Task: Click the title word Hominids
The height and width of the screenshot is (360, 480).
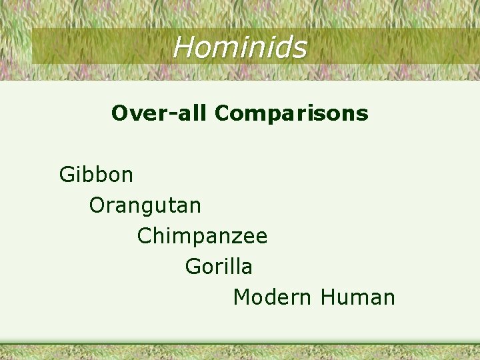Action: (x=240, y=47)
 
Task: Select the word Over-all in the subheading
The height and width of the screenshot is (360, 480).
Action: (x=160, y=113)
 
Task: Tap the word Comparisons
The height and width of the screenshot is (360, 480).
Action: (x=291, y=113)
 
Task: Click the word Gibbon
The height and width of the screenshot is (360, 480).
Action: (x=96, y=175)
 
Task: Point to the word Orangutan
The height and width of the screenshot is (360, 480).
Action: (x=145, y=205)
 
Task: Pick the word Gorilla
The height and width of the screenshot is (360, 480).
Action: (x=219, y=267)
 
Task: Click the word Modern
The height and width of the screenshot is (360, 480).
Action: (x=272, y=297)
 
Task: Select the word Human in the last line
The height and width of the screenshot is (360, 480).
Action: (x=357, y=297)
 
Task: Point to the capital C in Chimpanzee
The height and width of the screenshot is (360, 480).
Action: (x=143, y=236)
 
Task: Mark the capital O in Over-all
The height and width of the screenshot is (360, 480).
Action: (x=119, y=113)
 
